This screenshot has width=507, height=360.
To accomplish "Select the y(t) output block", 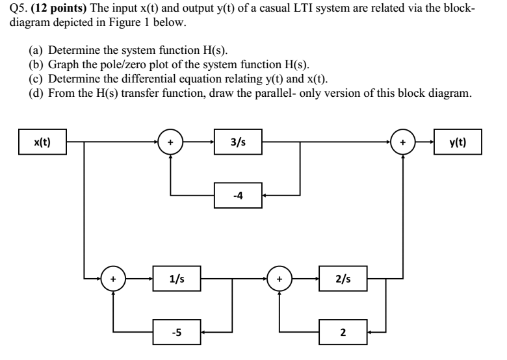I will click(459, 141).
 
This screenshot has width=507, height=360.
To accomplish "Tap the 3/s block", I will click(239, 141).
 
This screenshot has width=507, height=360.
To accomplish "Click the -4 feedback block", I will click(239, 194).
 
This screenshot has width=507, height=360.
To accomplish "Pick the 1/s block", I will click(176, 279).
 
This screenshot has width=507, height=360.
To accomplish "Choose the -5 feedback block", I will click(176, 331).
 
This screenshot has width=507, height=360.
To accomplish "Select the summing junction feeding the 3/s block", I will click(170, 141).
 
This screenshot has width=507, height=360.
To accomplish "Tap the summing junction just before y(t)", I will click(403, 141).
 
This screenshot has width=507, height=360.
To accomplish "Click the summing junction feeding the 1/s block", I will click(113, 279).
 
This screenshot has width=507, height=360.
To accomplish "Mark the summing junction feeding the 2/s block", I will click(279, 279).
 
